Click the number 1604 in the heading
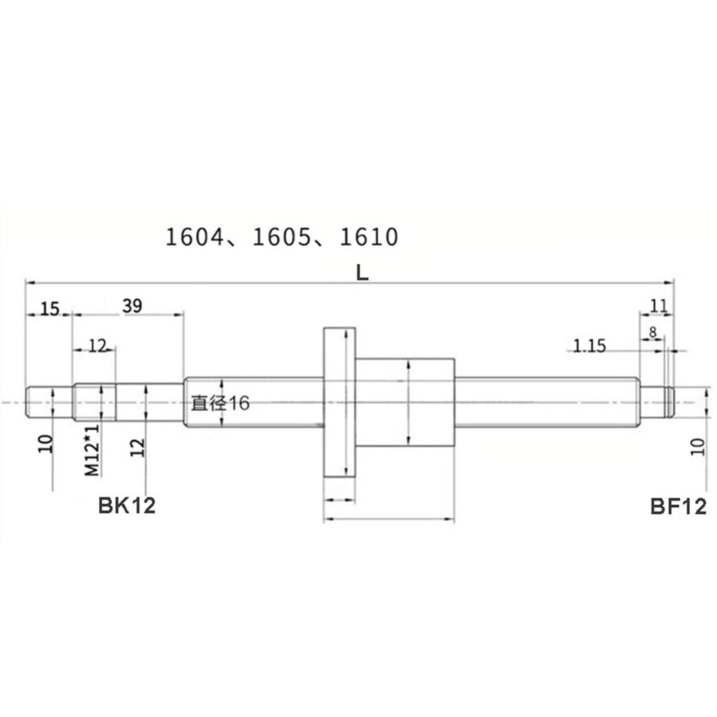coord(194,238)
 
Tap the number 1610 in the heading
coord(369,238)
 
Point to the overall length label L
coord(362,273)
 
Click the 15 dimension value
coord(49,309)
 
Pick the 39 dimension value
coord(132,306)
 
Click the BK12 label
coord(127,506)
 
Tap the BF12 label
coord(678,507)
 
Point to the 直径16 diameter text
coord(220,403)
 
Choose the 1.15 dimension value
coord(589,346)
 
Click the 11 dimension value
coord(658,306)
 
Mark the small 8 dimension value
coord(653,332)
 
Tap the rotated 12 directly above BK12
coord(137,447)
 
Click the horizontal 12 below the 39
coord(97,346)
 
